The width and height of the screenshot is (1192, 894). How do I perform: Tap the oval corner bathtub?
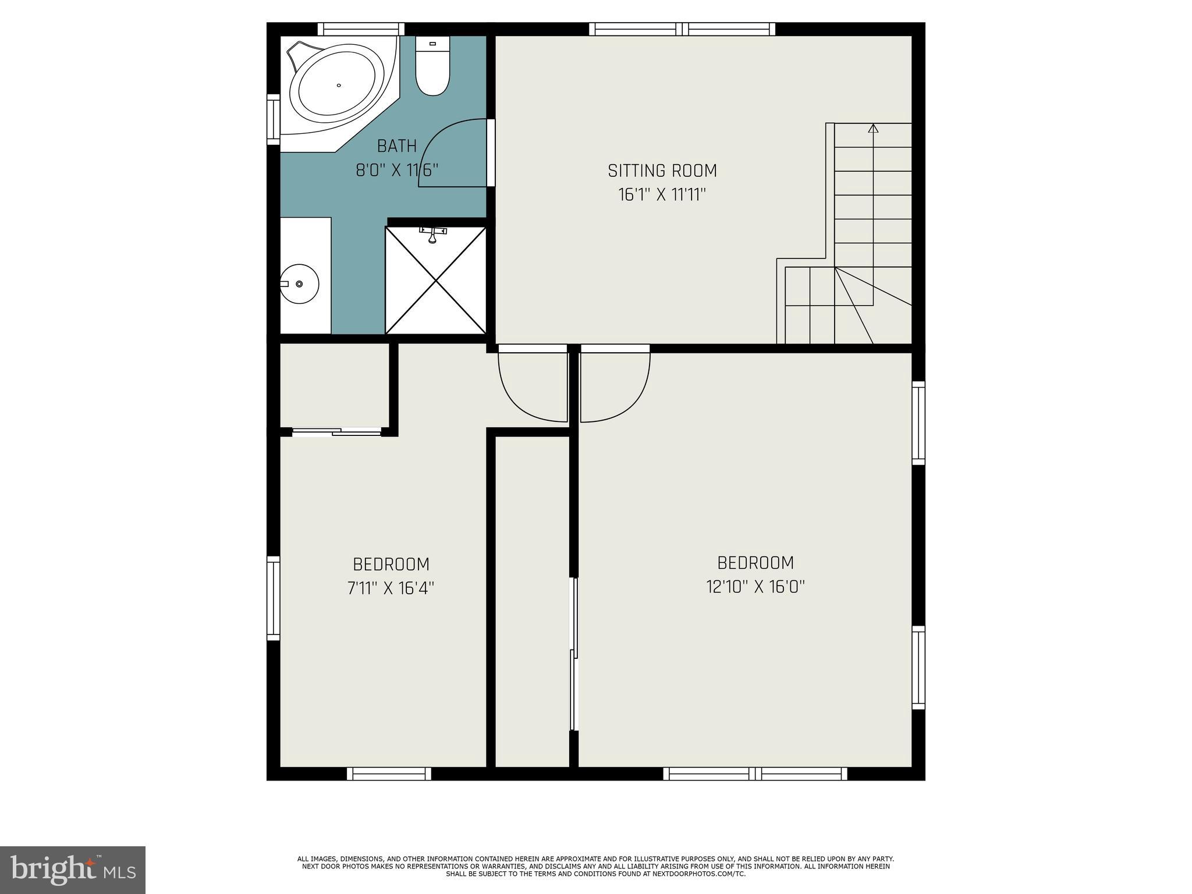[x=339, y=86]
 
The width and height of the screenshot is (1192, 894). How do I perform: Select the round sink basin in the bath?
[x=299, y=283]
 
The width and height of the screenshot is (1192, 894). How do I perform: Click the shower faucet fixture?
[x=432, y=234]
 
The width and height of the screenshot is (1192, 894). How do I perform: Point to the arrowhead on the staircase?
[x=873, y=129]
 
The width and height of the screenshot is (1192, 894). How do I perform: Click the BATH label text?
[x=397, y=146]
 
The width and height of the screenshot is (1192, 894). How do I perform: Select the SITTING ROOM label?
[x=662, y=171]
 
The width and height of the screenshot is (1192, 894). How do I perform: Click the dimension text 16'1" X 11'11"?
[x=662, y=195]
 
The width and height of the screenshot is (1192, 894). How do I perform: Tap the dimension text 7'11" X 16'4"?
[x=391, y=588]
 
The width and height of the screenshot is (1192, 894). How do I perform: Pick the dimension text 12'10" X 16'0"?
[x=755, y=587]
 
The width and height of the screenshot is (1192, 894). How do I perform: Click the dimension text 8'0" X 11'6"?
[x=397, y=171]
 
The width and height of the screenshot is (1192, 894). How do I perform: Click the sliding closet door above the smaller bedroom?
[x=336, y=431]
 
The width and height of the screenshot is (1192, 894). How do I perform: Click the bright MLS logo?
[x=73, y=870]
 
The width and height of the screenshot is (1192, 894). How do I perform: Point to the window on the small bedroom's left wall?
[x=273, y=598]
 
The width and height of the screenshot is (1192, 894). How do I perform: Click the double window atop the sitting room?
[x=682, y=29]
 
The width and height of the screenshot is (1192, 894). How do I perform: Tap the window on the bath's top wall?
[x=361, y=29]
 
